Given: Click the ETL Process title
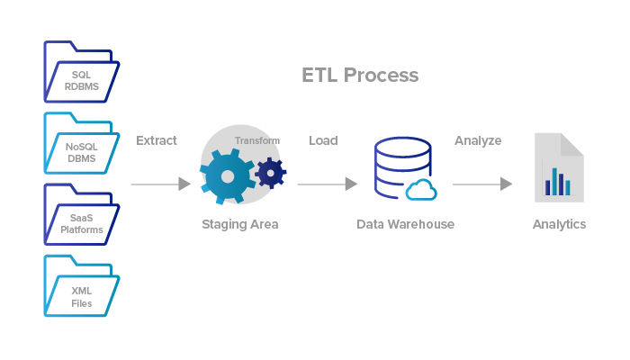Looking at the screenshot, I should (360, 75).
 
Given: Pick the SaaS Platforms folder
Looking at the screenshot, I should (81, 216).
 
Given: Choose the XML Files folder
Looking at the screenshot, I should (81, 288).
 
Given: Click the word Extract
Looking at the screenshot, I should (157, 140).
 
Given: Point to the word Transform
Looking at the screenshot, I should (257, 140).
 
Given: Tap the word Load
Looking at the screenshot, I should (323, 140).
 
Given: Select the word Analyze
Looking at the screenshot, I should (478, 140).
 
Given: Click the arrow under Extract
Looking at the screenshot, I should (160, 184).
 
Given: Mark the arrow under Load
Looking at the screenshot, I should (327, 184).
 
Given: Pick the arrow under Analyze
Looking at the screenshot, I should (482, 184).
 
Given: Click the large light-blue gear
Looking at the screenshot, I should (226, 176).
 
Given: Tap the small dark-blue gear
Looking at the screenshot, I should (270, 171).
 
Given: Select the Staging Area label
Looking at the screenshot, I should (239, 224).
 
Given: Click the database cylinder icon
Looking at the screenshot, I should (397, 166).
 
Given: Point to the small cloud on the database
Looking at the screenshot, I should (421, 189).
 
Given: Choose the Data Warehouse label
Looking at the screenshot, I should (405, 224).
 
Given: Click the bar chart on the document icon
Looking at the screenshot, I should (557, 183).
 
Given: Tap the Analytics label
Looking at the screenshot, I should (559, 224).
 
